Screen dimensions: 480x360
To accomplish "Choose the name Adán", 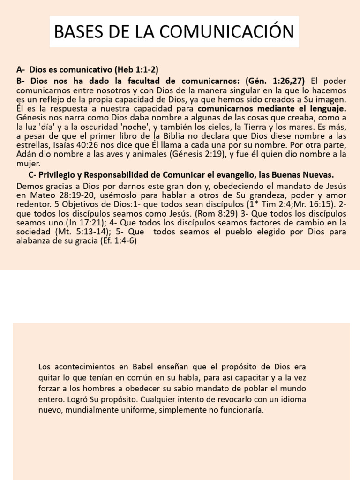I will [25, 154].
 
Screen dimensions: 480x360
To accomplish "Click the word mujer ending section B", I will [28, 164].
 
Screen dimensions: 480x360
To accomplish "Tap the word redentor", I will [32, 204].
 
